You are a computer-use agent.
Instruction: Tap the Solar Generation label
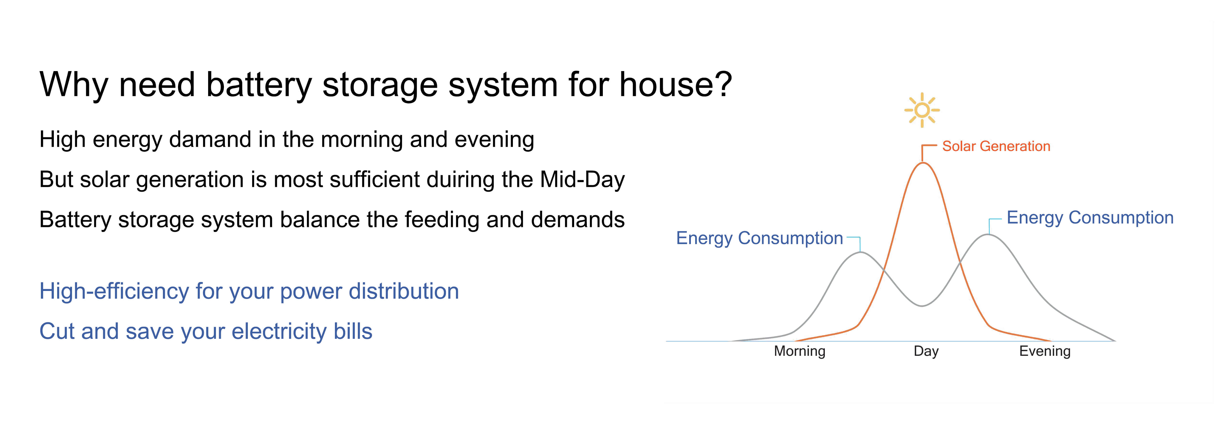click(996, 146)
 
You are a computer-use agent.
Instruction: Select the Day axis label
click(926, 351)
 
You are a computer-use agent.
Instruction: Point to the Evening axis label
click(1045, 351)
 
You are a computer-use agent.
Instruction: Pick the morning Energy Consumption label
click(759, 238)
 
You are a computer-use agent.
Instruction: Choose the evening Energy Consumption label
click(1090, 218)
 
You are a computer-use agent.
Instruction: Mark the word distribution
click(403, 291)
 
